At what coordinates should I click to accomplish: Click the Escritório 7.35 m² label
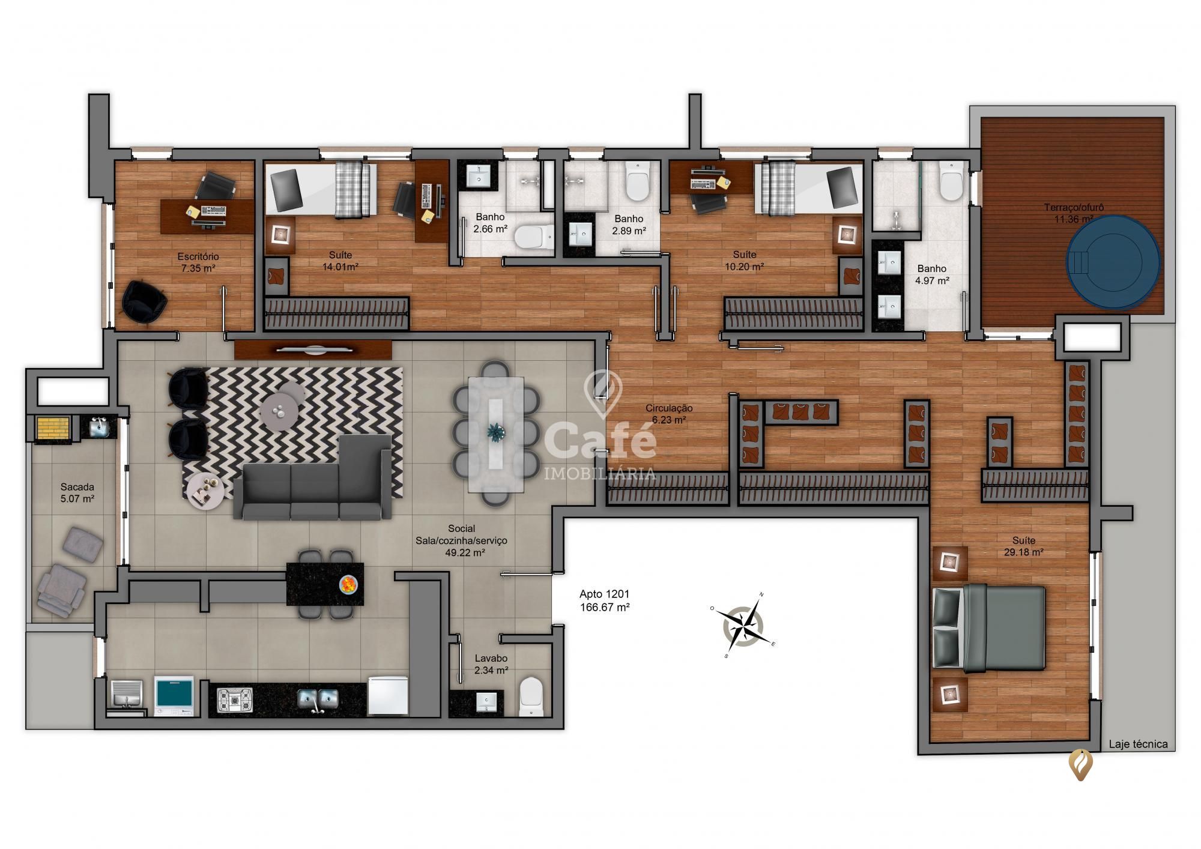click(198, 262)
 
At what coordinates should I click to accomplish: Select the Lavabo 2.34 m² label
click(491, 664)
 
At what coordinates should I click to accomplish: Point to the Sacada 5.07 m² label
click(77, 492)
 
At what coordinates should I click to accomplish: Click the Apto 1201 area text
click(604, 600)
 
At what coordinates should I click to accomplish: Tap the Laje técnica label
click(1138, 744)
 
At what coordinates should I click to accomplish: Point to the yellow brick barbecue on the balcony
click(53, 428)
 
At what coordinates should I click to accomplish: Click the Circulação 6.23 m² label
click(668, 414)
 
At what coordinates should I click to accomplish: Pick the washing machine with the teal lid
click(174, 695)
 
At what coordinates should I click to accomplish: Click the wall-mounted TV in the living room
click(313, 349)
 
